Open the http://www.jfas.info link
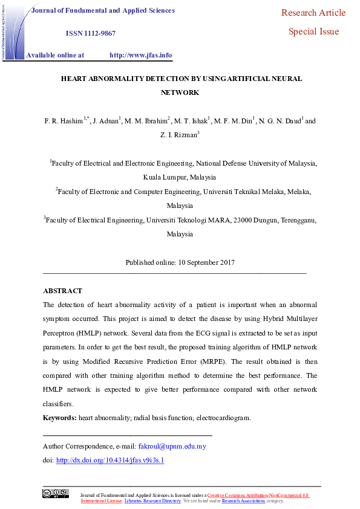pos(140,55)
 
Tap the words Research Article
pos(313,13)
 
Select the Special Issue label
pos(313,31)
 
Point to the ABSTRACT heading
pos(62,291)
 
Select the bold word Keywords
pos(59,418)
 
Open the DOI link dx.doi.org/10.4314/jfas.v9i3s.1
pos(110,460)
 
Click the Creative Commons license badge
pos(55,493)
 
